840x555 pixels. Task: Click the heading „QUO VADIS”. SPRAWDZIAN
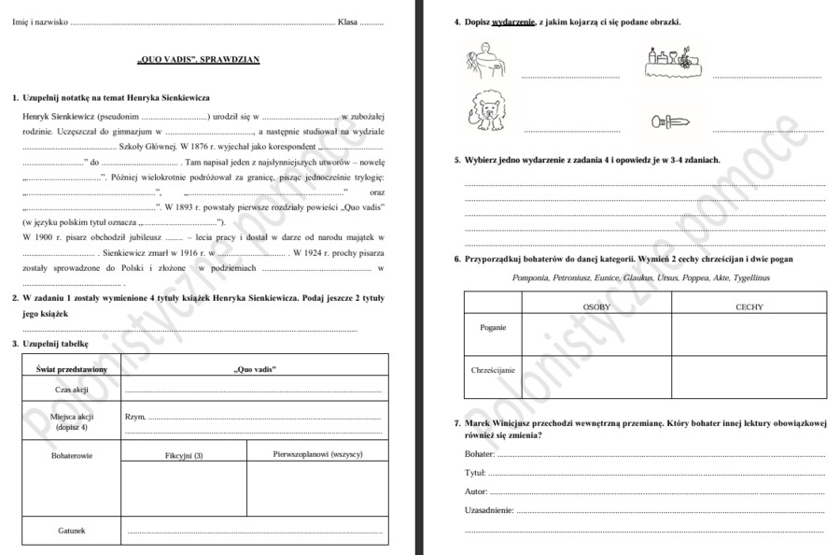199,60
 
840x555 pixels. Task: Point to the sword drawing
671,121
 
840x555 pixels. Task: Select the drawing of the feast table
671,62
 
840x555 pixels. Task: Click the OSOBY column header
596,306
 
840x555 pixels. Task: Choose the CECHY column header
749,306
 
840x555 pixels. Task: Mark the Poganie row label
493,328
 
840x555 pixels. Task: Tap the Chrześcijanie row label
493,370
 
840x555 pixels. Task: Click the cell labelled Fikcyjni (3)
184,455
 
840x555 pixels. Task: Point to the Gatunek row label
72,531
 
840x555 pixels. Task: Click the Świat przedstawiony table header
72,369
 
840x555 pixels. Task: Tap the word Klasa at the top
347,21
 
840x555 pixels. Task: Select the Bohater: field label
479,454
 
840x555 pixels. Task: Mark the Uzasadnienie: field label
489,510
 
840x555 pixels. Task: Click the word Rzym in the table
134,417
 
